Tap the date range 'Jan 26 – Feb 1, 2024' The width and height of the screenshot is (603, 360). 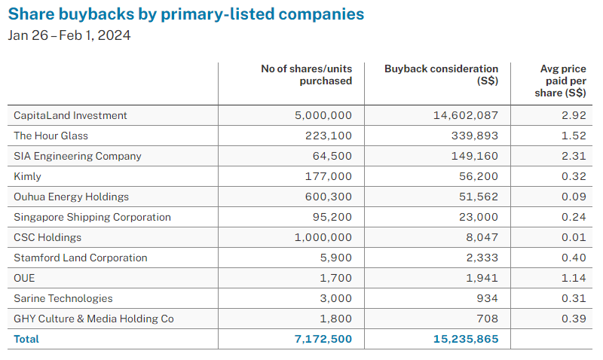point(69,35)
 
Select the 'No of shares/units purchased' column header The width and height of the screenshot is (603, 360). point(306,75)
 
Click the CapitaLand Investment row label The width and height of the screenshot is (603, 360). point(71,115)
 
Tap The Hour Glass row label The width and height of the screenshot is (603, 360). point(51,136)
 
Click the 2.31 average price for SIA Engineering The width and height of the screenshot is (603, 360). point(574,156)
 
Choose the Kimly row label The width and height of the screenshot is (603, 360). point(28,176)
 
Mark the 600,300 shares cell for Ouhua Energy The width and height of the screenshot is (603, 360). point(328,197)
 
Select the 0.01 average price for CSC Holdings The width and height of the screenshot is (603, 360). point(574,237)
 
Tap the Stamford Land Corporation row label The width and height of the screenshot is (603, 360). point(81,258)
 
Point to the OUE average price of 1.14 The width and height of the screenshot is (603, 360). point(574,278)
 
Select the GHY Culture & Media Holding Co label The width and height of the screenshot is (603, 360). point(94,319)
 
